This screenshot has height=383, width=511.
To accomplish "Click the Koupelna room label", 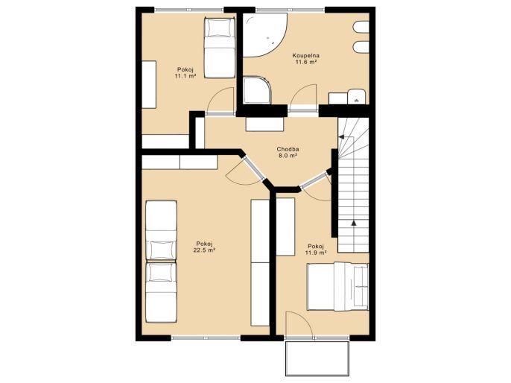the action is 305,56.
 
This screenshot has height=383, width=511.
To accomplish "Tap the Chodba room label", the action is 288,149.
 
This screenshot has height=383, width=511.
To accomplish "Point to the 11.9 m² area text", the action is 316,253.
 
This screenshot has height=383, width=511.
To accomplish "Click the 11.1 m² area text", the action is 185,76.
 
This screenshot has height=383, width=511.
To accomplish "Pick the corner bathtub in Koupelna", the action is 264,35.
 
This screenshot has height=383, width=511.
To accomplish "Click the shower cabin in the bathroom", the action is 257,90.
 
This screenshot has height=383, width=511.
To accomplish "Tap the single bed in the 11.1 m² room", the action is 219,48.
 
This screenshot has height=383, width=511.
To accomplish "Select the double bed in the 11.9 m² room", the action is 337,287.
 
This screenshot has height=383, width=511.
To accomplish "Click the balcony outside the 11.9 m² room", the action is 317,358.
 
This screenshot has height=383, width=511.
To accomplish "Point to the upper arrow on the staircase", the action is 341,137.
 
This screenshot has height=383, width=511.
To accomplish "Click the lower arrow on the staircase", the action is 354,223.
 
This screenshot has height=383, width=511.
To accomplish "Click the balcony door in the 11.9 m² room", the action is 299,324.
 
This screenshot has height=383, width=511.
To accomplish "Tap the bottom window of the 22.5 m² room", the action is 206,338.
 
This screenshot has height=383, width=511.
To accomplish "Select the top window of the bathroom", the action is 290,10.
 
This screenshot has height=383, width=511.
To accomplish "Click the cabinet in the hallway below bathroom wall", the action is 264,124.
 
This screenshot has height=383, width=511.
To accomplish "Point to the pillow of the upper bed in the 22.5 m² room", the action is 161,250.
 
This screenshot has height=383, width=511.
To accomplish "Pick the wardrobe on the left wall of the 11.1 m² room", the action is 149,85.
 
